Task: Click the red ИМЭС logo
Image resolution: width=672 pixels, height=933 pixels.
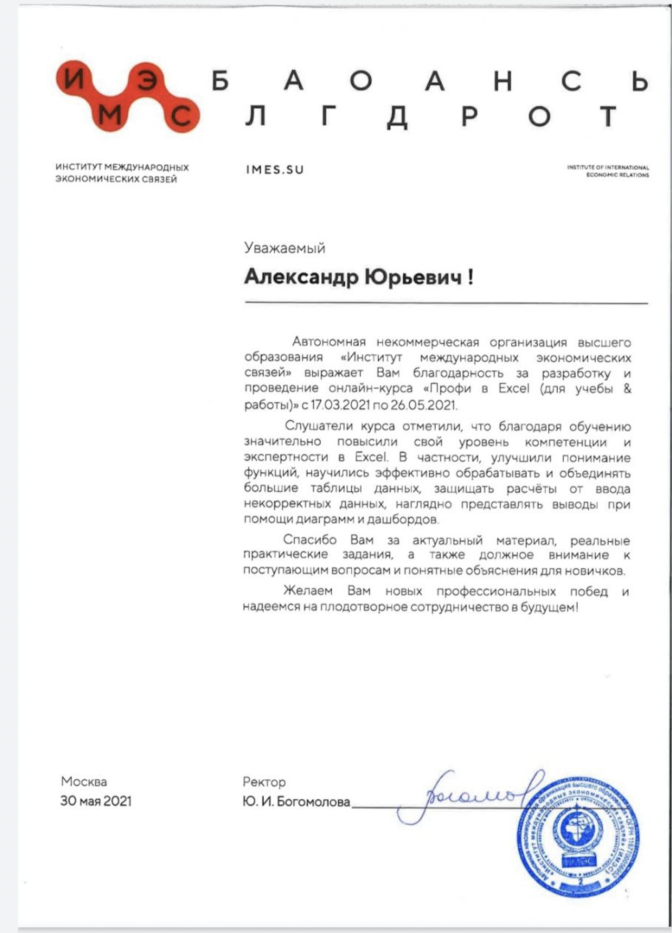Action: point(128,97)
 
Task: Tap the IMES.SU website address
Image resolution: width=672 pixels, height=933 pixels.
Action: point(274,170)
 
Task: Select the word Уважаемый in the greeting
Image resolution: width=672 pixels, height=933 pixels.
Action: point(284,248)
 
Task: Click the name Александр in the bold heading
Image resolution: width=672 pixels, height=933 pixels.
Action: point(301,276)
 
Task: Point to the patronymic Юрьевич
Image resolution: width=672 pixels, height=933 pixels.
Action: point(413,276)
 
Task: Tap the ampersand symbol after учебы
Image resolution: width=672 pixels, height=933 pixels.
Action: point(627,389)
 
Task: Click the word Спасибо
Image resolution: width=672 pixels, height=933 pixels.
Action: point(309,540)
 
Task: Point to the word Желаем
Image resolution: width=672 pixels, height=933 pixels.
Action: point(308,591)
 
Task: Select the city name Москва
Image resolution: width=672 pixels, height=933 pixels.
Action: point(84,781)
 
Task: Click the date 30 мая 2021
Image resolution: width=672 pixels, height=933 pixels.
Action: point(95,801)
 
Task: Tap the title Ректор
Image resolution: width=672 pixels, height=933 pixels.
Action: point(264,782)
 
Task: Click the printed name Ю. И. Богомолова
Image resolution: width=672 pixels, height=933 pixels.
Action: point(296,802)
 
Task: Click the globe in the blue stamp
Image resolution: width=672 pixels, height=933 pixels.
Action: point(578,832)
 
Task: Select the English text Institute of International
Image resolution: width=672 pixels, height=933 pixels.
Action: point(608,167)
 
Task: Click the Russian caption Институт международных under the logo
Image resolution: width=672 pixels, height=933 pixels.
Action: point(122,167)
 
